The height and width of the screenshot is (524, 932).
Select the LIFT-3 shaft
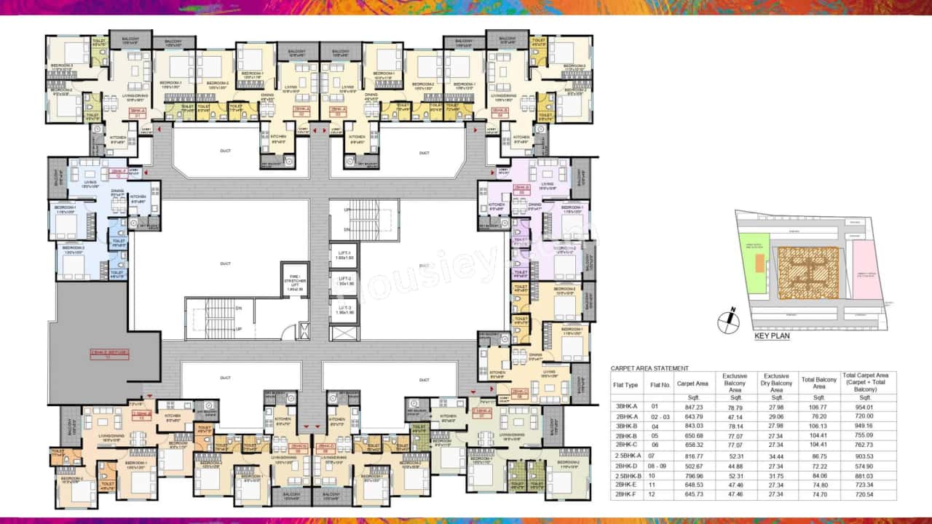point(344,310)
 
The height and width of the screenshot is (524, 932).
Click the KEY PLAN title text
point(771,336)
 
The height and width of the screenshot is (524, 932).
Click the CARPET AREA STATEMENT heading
point(649,368)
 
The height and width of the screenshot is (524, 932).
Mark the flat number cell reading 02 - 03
point(660,416)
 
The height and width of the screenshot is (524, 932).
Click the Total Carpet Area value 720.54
point(864,494)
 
